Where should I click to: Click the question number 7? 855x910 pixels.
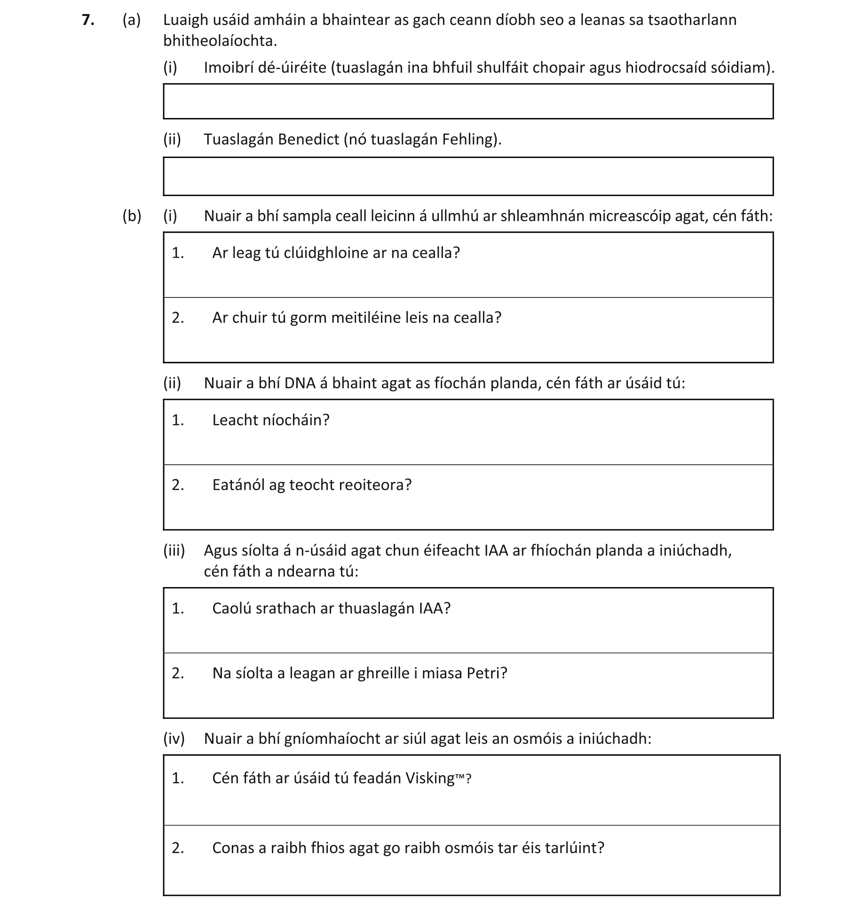tap(87, 20)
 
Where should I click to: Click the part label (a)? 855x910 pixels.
tap(132, 20)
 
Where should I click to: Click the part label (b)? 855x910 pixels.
tap(132, 216)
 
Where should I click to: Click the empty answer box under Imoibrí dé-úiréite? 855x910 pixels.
tap(468, 101)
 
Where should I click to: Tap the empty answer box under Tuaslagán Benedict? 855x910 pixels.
tap(468, 176)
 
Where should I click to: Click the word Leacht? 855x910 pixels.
tap(235, 420)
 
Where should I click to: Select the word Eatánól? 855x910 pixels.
tap(238, 485)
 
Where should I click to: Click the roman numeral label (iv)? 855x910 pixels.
tap(174, 738)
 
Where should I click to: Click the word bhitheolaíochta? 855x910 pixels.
tap(220, 41)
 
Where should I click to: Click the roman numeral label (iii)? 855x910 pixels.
tap(174, 550)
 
